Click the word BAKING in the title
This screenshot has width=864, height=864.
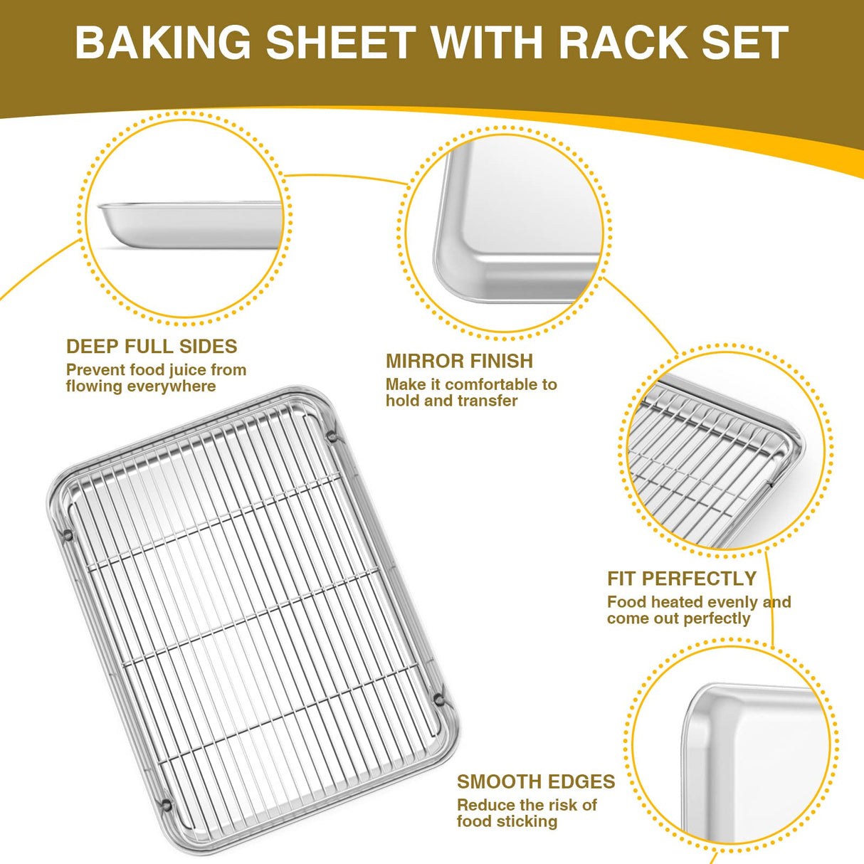coord(163,43)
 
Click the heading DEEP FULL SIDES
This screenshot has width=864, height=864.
coord(152,347)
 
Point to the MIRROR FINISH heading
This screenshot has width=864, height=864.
coord(459,361)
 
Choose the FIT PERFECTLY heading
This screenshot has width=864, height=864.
coord(681,579)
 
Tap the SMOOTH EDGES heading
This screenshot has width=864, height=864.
coord(535,781)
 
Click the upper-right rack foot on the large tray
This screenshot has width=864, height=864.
coord(332,433)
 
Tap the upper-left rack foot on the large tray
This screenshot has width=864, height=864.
coord(68,534)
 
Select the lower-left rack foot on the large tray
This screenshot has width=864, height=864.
coord(167,805)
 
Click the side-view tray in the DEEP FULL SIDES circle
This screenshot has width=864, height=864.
coord(189,224)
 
